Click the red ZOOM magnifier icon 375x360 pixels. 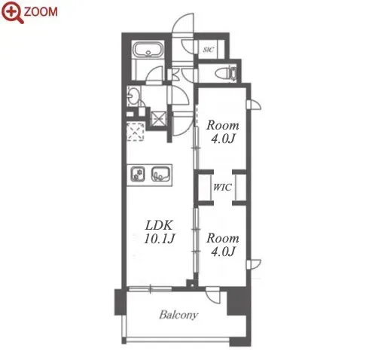13,12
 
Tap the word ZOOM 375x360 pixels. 41,12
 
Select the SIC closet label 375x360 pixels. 209,50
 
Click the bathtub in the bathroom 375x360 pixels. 148,50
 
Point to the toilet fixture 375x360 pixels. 226,73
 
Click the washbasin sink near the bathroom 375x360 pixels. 133,95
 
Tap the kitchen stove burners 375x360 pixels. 138,174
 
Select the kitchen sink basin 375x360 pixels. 161,174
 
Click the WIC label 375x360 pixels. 222,187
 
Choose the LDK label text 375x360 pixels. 159,225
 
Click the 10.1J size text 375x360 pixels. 160,239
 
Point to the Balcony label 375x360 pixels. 178,315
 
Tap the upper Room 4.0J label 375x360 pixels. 223,132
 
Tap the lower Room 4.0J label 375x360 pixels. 223,245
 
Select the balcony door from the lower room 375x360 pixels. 212,295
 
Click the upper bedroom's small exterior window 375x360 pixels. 254,105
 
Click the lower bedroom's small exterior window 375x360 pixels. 254,264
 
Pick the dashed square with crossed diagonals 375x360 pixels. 136,132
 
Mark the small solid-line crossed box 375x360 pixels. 158,118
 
